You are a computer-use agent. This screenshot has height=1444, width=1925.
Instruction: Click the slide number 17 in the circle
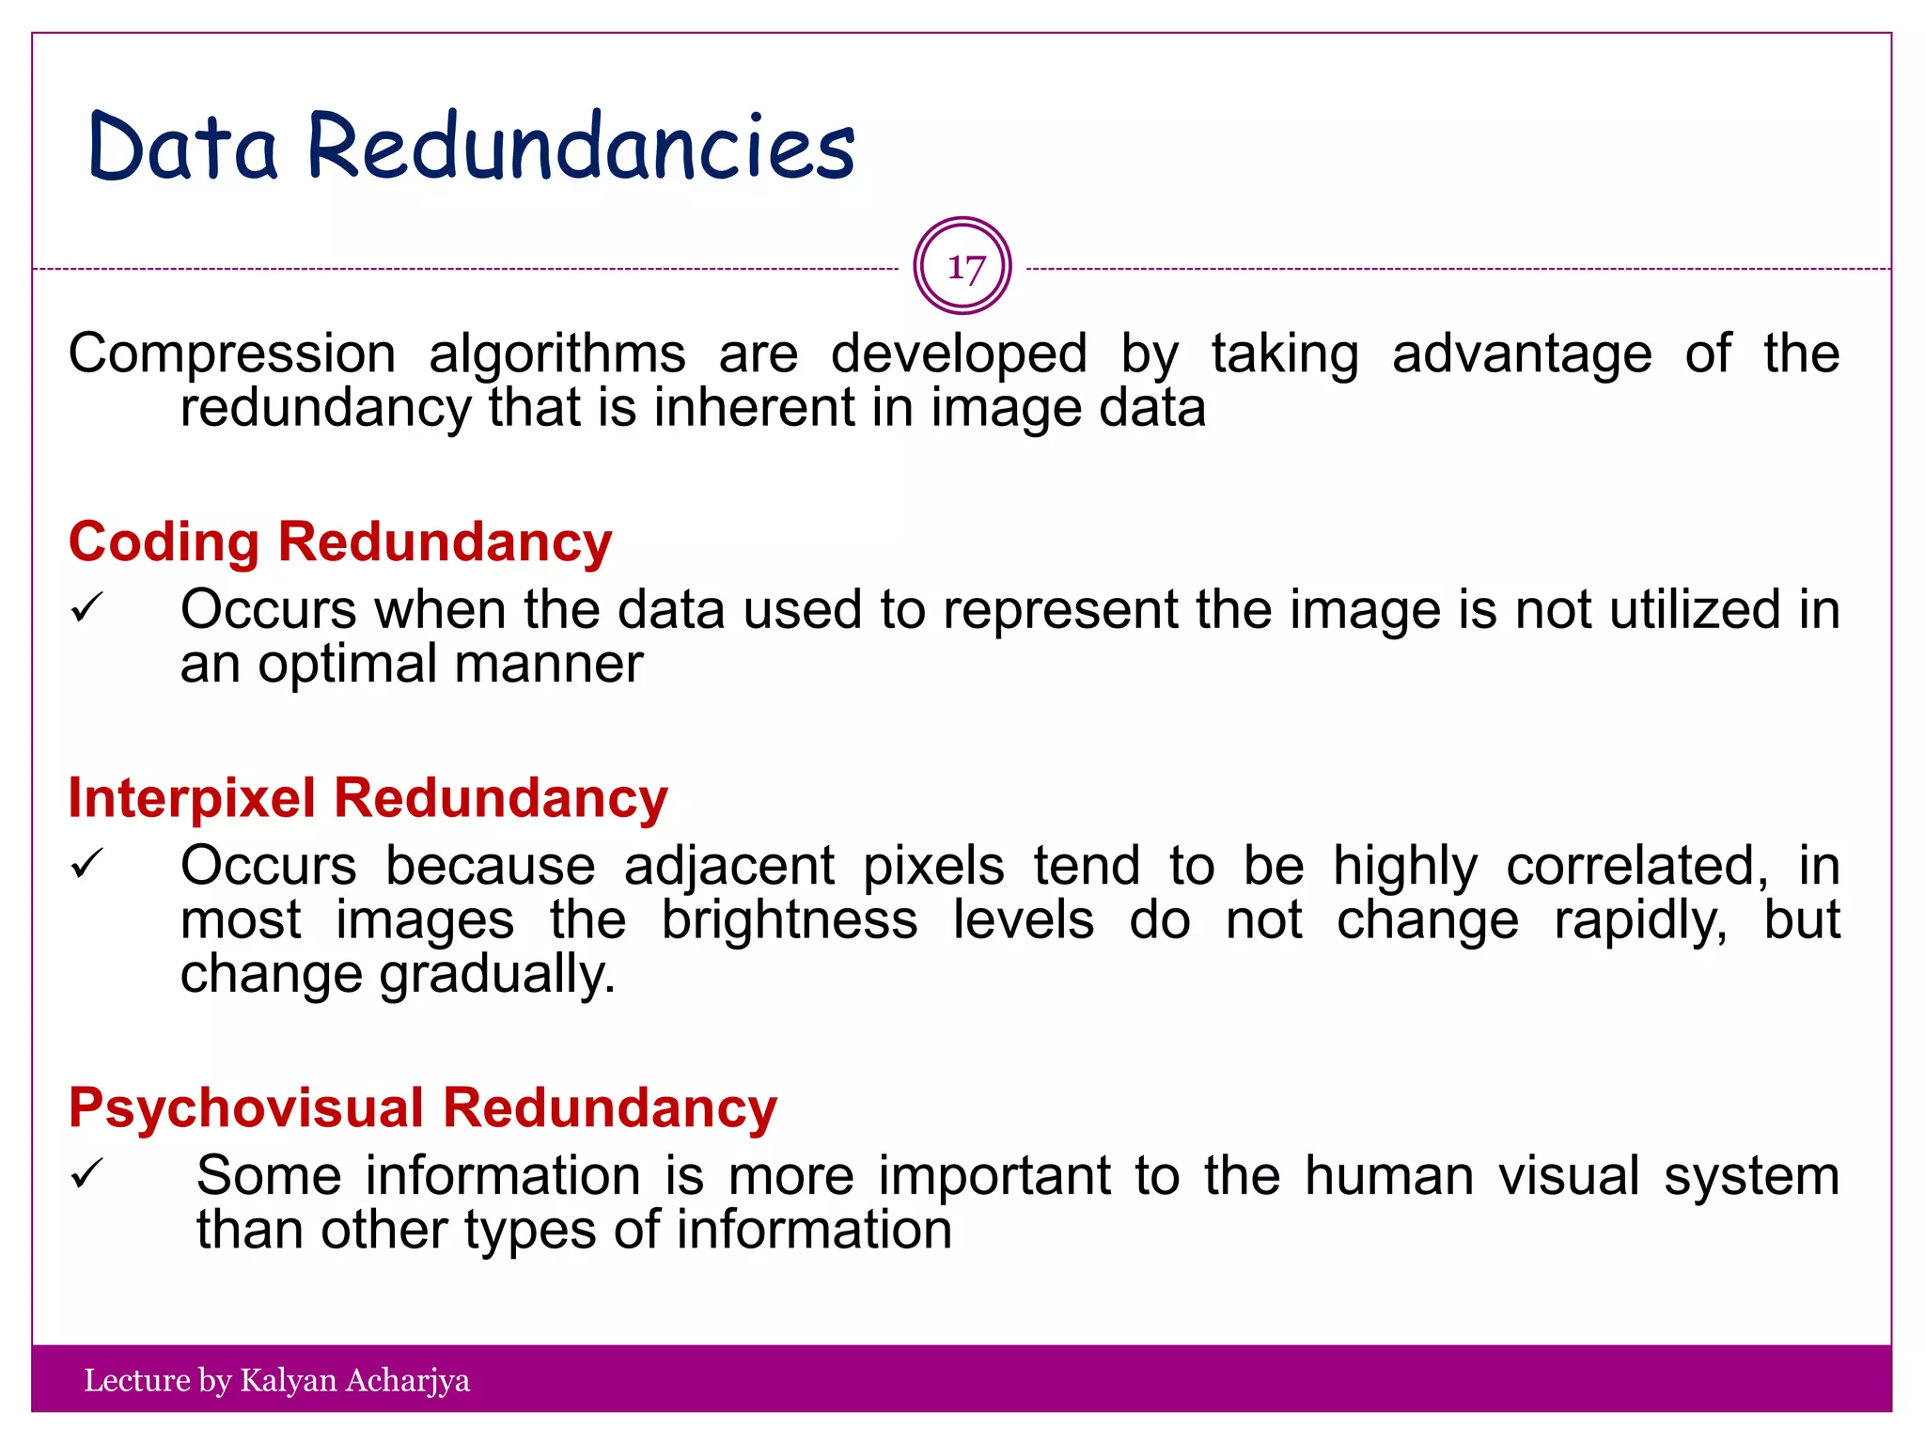point(963,267)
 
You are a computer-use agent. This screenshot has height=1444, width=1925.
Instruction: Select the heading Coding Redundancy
point(340,542)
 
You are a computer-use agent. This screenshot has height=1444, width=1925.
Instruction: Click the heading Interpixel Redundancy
point(368,798)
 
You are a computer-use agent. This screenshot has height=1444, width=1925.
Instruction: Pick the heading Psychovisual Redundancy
point(423,1107)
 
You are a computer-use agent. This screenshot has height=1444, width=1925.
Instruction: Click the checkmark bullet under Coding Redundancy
point(86,608)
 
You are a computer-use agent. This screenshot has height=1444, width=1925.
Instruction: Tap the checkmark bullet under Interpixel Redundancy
point(86,864)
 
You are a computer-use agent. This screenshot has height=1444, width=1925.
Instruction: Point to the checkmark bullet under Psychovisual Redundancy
point(86,1174)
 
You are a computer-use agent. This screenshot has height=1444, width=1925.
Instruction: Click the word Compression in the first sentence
point(232,354)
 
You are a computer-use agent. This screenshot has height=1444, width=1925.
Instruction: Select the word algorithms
point(557,354)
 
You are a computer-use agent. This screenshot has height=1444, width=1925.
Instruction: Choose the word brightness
point(790,919)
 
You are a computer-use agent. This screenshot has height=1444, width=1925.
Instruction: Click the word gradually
point(497,975)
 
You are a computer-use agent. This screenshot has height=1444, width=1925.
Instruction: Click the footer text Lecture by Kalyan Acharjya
point(276,1380)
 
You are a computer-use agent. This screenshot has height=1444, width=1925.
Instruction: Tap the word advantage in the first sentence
point(1522,354)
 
